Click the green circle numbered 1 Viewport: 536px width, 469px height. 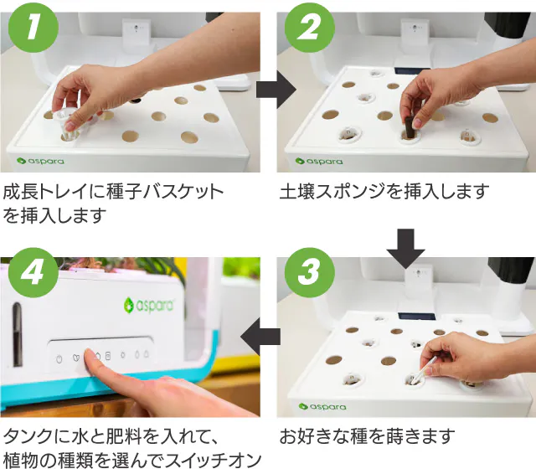point(33,28)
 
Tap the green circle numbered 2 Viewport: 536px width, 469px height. point(309,28)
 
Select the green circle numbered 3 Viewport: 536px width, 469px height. point(309,272)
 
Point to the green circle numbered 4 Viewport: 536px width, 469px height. point(33,272)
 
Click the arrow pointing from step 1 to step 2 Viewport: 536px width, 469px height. point(276,90)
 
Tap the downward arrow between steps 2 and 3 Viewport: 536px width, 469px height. point(405,249)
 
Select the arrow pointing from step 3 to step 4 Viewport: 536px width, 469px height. point(260,337)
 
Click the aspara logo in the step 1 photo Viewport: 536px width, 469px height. point(40,161)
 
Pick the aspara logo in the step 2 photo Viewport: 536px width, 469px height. point(318,161)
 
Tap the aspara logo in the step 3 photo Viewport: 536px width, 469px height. point(322,406)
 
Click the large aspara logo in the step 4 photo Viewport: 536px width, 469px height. point(149,305)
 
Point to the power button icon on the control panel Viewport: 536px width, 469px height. point(59,359)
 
